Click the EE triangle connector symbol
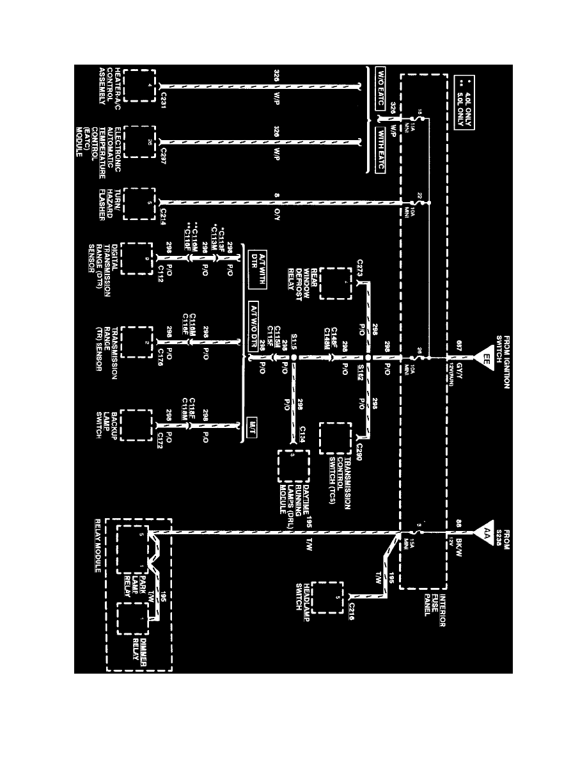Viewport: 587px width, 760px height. pos(487,357)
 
